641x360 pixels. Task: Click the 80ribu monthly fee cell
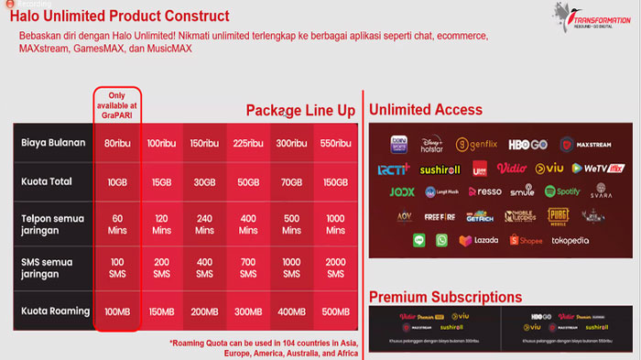(x=117, y=143)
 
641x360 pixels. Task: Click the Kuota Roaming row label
(x=54, y=311)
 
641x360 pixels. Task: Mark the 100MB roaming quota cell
(x=117, y=312)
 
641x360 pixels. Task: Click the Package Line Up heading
(x=300, y=111)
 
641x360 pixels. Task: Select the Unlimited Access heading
(x=426, y=110)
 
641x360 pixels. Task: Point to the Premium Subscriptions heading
(x=445, y=297)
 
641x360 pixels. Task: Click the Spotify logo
(x=562, y=192)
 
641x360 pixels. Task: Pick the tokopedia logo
(x=573, y=241)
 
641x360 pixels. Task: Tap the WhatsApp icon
(x=442, y=240)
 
